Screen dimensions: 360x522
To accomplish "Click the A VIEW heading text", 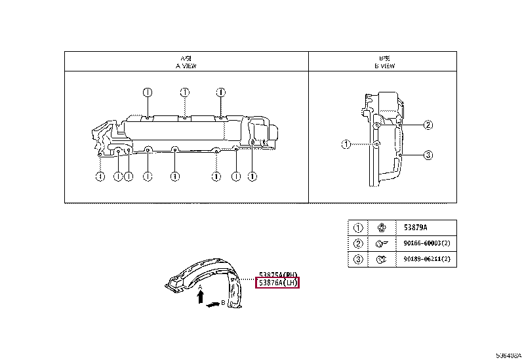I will (186, 66).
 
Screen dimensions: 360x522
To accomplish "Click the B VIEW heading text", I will (384, 66).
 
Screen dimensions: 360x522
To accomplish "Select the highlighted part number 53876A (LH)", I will (278, 283).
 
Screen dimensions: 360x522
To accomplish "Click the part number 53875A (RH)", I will (278, 274).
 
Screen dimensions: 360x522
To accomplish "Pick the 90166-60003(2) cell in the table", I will (426, 244).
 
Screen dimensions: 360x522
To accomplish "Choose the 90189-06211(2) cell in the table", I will (426, 260).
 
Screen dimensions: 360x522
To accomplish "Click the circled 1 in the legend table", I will (358, 228).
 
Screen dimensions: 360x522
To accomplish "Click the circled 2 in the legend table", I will (358, 244).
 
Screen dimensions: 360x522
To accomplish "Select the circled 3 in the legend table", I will (358, 260).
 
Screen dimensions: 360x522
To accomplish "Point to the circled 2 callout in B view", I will (428, 125).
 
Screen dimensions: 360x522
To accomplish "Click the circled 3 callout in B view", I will (428, 155).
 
